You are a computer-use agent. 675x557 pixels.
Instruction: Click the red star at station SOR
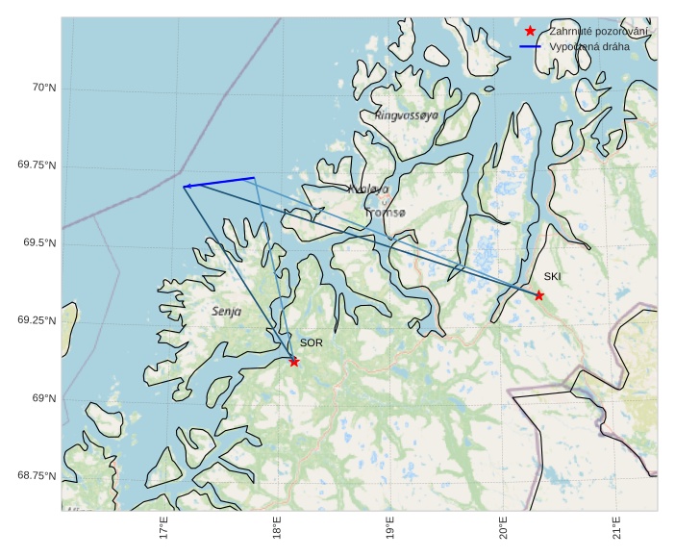tap(294, 362)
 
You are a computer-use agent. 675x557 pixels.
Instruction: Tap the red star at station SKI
tap(539, 295)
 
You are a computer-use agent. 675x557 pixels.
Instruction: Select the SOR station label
tap(311, 342)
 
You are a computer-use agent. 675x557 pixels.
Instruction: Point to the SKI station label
tap(552, 277)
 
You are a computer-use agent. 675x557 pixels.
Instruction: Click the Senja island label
tap(226, 312)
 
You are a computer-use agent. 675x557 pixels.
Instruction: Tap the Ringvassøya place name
tap(407, 115)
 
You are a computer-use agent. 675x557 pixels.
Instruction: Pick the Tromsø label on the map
tap(387, 212)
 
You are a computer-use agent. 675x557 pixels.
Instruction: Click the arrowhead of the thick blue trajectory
tap(187, 186)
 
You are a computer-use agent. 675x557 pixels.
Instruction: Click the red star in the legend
tap(530, 32)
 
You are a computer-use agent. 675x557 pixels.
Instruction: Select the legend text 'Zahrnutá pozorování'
tap(599, 32)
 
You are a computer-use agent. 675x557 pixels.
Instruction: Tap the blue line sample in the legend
tap(530, 46)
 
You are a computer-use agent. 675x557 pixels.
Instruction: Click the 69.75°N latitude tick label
tap(37, 165)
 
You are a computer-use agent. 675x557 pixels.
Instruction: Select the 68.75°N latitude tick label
tap(37, 476)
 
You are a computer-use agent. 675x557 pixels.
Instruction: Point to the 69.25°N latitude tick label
tap(37, 320)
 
